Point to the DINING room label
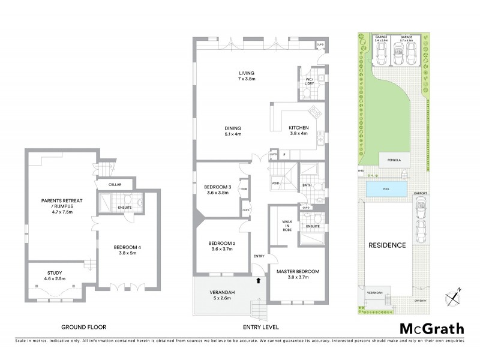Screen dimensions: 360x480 233,131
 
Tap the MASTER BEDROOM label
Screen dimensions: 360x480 298,274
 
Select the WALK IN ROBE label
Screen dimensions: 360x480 286,227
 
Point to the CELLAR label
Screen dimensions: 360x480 115,185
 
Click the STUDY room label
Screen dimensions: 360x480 55,275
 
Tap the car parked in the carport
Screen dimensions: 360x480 420,215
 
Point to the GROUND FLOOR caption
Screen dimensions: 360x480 84,328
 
